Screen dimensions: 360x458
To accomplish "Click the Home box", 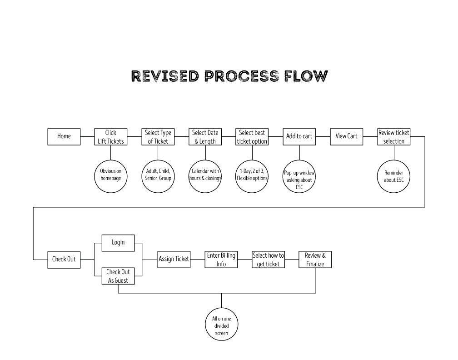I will [x=64, y=136].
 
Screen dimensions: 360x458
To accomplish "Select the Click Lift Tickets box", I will [x=111, y=137].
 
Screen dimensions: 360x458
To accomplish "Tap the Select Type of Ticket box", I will [x=158, y=137].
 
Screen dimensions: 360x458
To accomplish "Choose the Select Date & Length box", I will [x=205, y=137].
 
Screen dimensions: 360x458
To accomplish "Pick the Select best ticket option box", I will [x=252, y=137].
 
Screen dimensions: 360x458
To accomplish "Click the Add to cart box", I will [x=299, y=136].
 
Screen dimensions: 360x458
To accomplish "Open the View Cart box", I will [x=347, y=136].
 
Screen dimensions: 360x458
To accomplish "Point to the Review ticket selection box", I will [x=394, y=137].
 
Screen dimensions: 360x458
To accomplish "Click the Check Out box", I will [x=64, y=260].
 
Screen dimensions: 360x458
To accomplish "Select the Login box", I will [x=118, y=243].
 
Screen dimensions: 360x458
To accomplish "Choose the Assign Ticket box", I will [x=174, y=259].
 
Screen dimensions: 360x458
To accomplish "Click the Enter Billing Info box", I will [x=221, y=260].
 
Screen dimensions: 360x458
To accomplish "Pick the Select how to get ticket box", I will [x=269, y=260].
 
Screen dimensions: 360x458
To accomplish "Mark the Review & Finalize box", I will [x=315, y=260].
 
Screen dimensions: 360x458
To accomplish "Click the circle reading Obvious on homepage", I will [x=111, y=175].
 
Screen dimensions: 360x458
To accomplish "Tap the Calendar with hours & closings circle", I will [x=205, y=175].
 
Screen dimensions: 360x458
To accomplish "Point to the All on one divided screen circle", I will [x=221, y=325].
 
